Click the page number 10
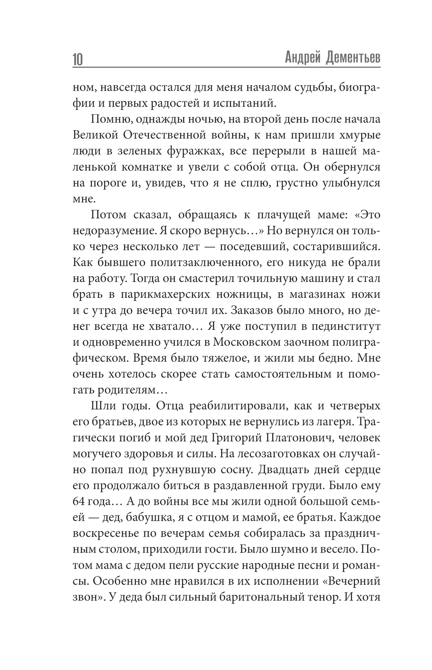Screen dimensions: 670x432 click(x=77, y=59)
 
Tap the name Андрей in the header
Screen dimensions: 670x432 click(x=300, y=57)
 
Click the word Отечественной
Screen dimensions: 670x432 click(x=172, y=135)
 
